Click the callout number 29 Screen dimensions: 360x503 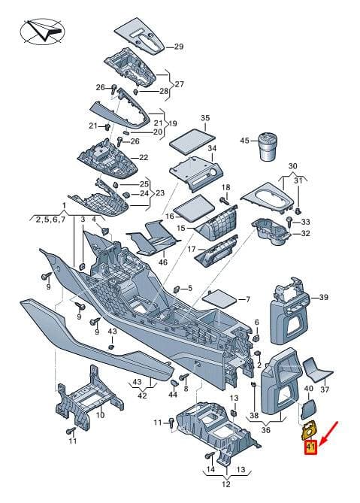point(179,47)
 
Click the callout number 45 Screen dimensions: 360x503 point(244,141)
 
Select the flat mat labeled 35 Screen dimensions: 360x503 point(192,141)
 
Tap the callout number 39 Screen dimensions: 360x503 point(323,298)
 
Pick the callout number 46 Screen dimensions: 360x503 point(163,262)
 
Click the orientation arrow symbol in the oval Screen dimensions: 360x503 point(44,32)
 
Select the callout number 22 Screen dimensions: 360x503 point(144,157)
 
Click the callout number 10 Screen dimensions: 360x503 point(101,415)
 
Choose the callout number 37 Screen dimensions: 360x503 point(325,389)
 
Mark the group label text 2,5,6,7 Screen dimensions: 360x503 point(50,220)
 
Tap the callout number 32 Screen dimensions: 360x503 point(305,233)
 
